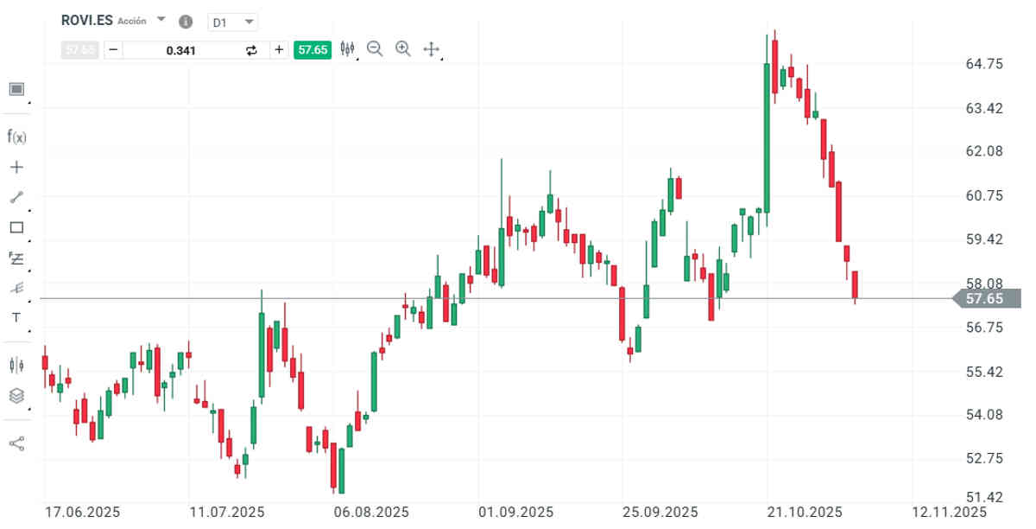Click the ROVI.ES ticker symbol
87,20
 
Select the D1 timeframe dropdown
233,22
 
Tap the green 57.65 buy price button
313,49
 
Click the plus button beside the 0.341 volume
279,49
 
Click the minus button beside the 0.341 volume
113,49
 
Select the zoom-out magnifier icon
375,48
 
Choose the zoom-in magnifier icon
403,48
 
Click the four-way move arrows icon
432,49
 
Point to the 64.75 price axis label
984,64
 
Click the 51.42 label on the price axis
984,497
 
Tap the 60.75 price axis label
984,195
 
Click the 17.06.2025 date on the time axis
83,512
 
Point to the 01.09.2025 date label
516,512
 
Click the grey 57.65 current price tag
986,299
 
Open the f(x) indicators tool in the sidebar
16,136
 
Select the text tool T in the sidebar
16,317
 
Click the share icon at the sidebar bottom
16,443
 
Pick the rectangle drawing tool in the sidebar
16,227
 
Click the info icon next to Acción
186,22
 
